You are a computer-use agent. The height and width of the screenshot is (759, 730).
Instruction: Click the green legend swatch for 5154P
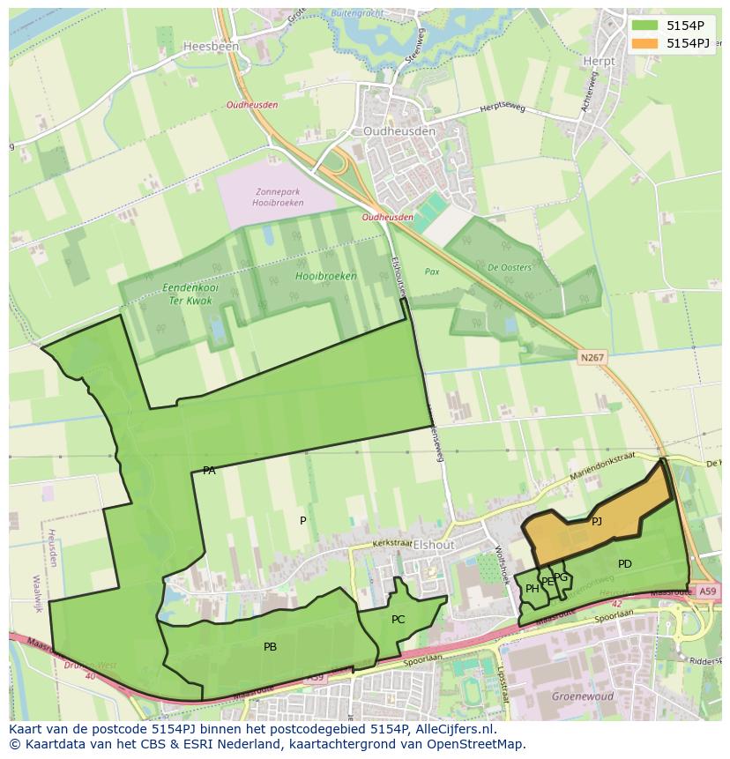pos(644,26)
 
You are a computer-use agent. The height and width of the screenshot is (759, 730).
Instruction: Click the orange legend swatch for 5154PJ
pos(644,43)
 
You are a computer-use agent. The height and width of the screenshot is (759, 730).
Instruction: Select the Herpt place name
pos(599,61)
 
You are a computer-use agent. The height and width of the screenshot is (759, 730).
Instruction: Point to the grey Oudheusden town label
pos(399,131)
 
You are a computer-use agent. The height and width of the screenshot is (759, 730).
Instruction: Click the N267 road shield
pos(592,357)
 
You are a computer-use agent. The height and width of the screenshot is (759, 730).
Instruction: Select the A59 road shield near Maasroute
pos(705,592)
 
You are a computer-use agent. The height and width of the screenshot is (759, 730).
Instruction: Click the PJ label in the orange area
pos(597,521)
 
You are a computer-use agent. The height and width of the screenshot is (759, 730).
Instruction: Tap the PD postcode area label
pos(624,564)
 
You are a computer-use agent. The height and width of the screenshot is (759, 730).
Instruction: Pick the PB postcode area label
pos(270,647)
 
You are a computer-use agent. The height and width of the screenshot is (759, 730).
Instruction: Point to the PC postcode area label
pos(398,620)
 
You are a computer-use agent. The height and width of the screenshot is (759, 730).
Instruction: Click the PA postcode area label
pos(209,471)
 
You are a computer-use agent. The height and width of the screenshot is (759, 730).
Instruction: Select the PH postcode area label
pos(532,589)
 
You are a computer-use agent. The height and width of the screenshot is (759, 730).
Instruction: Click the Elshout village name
pos(434,545)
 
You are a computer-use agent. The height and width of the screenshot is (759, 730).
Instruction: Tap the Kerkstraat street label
pos(391,545)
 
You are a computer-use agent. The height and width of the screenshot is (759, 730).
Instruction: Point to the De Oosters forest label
pos(510,268)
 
